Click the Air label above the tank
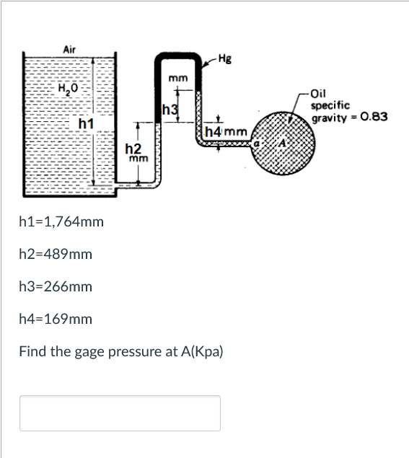(x=69, y=50)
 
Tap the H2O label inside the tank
(x=68, y=87)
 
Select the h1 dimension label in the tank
(x=86, y=123)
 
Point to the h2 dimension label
(x=133, y=149)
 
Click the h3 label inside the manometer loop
(x=170, y=110)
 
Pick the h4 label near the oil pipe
(x=214, y=132)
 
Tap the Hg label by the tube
(x=225, y=59)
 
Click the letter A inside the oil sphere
(x=282, y=143)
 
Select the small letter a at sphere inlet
(x=257, y=144)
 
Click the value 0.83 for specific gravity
(x=374, y=117)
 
